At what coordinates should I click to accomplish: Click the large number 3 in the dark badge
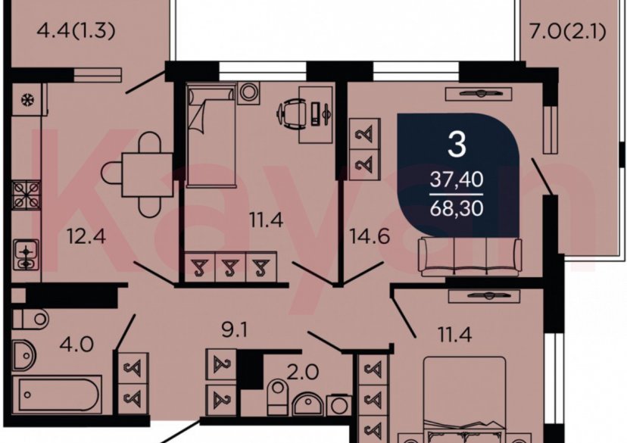[x=456, y=144]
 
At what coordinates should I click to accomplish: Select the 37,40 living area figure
[x=457, y=180]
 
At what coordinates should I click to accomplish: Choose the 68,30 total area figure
[x=457, y=206]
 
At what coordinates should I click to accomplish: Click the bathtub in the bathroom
[x=57, y=394]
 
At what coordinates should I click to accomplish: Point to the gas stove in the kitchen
[x=25, y=195]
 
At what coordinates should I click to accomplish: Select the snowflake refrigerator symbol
[x=25, y=100]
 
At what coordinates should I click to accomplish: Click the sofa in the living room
[x=470, y=256]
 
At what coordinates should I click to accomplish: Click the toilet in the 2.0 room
[x=278, y=395]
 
